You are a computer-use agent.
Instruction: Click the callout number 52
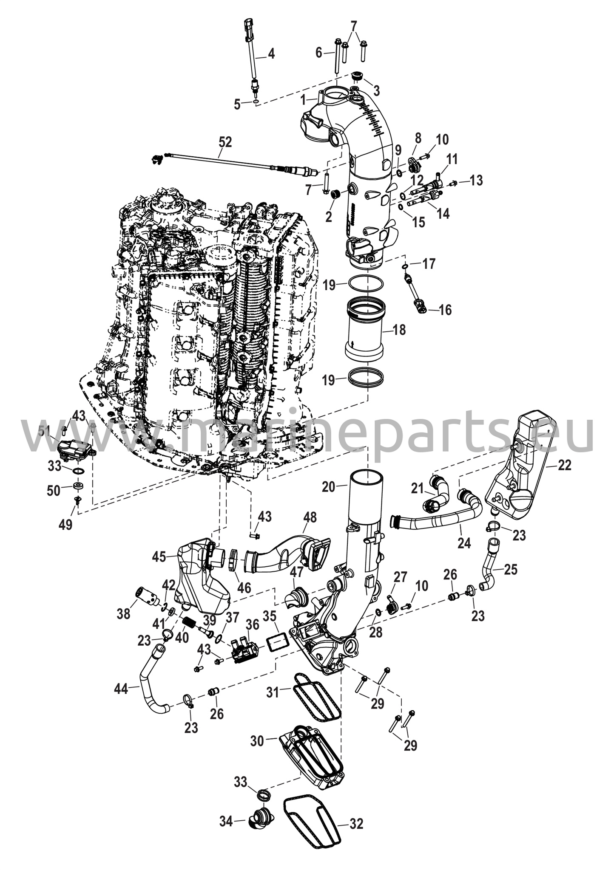pyautogui.click(x=225, y=142)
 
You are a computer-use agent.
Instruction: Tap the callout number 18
pyautogui.click(x=399, y=330)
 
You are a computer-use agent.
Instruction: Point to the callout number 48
pyautogui.click(x=310, y=517)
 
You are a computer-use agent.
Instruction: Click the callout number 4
pyautogui.click(x=271, y=54)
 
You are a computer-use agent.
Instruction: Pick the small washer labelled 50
pyautogui.click(x=78, y=485)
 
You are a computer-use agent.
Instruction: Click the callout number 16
pyautogui.click(x=445, y=310)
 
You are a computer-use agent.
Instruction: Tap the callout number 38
pyautogui.click(x=124, y=613)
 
